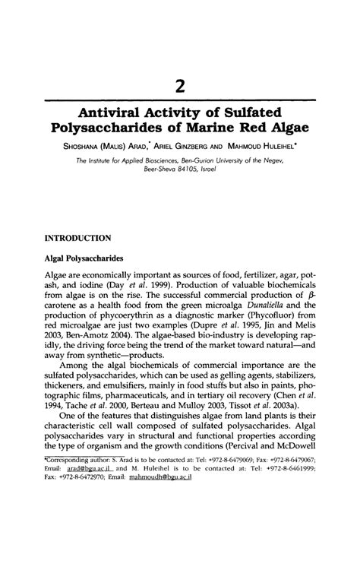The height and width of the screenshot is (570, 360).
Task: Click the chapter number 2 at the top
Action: pyautogui.click(x=180, y=78)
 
